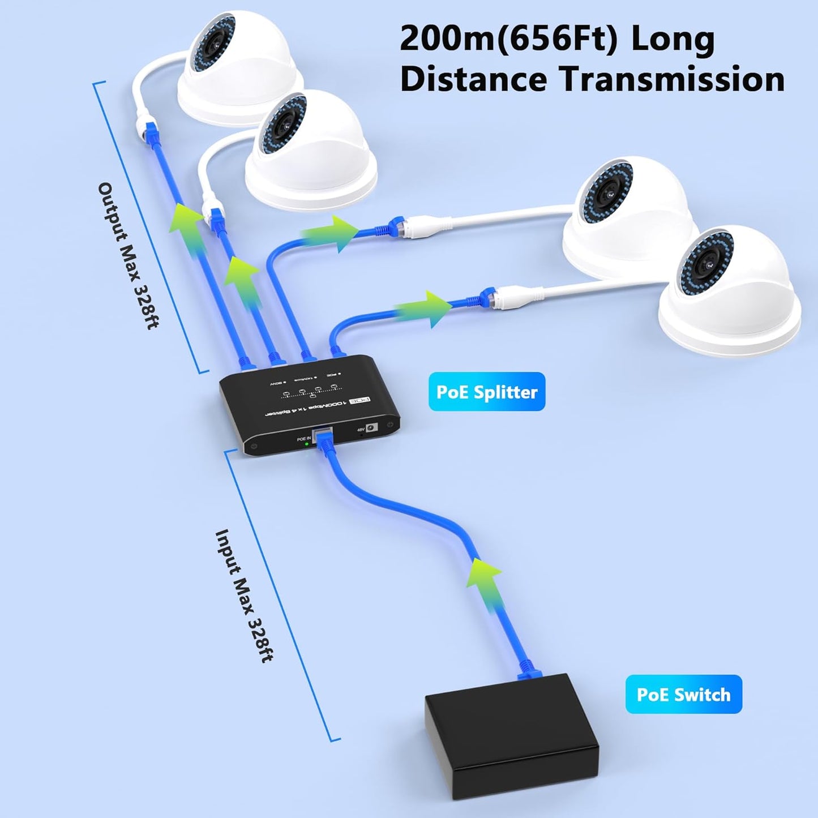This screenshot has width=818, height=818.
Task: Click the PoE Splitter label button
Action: pos(486,392)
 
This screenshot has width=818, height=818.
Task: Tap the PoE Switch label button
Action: pos(683,694)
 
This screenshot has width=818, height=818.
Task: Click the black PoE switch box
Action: pos(511,730)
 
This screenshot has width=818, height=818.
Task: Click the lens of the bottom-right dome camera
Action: pos(707,264)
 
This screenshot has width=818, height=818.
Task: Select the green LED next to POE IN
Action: pos(306,444)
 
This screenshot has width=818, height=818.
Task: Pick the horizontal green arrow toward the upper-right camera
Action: pos(332,233)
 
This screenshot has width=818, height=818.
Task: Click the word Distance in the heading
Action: pos(473,79)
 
